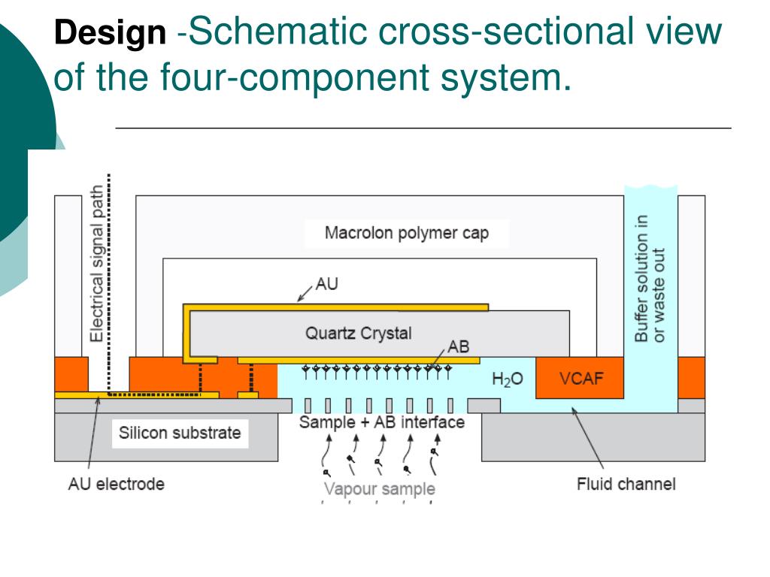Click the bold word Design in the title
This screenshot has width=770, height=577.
pyautogui.click(x=110, y=33)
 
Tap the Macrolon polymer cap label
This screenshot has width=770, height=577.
pyautogui.click(x=407, y=233)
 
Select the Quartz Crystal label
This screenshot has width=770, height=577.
pyautogui.click(x=359, y=333)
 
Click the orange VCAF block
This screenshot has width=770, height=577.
pyautogui.click(x=580, y=378)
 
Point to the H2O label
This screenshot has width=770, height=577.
pyautogui.click(x=508, y=379)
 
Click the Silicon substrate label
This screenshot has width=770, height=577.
pyautogui.click(x=180, y=433)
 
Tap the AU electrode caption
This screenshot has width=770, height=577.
pyautogui.click(x=117, y=484)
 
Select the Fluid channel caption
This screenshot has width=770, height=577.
pyautogui.click(x=626, y=484)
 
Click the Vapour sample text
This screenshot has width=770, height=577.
pyautogui.click(x=380, y=488)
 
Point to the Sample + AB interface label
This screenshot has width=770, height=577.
pyautogui.click(x=382, y=422)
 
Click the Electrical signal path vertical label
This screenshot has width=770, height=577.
pyautogui.click(x=97, y=264)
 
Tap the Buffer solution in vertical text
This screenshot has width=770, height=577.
pyautogui.click(x=641, y=278)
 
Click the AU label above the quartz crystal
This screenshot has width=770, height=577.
pyautogui.click(x=326, y=283)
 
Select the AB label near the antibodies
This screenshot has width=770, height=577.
pyautogui.click(x=458, y=346)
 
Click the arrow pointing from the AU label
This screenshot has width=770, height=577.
pyautogui.click(x=305, y=293)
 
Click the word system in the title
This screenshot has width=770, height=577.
pyautogui.click(x=506, y=77)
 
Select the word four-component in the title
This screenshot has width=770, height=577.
pyautogui.click(x=294, y=77)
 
